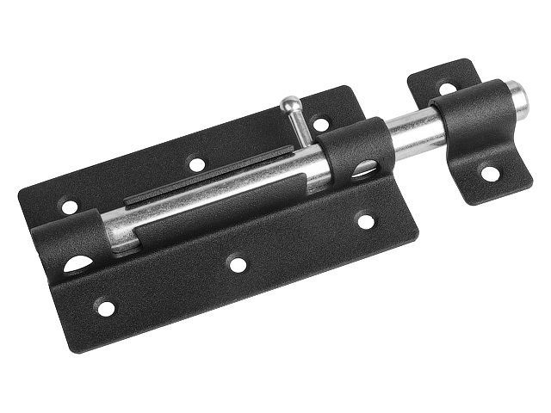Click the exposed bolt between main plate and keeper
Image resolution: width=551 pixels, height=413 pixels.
413,130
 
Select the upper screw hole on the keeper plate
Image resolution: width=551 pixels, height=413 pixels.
447,88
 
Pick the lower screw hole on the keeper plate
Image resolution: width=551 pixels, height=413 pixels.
489,173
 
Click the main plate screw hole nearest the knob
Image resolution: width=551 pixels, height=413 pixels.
320,124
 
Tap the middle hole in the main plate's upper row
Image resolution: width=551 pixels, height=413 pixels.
197,163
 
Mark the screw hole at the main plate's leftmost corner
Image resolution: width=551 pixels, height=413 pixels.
69,206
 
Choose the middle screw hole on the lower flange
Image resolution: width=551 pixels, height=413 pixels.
238,264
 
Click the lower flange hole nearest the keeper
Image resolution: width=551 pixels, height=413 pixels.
366,221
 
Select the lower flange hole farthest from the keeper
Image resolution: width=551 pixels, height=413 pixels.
105,307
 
